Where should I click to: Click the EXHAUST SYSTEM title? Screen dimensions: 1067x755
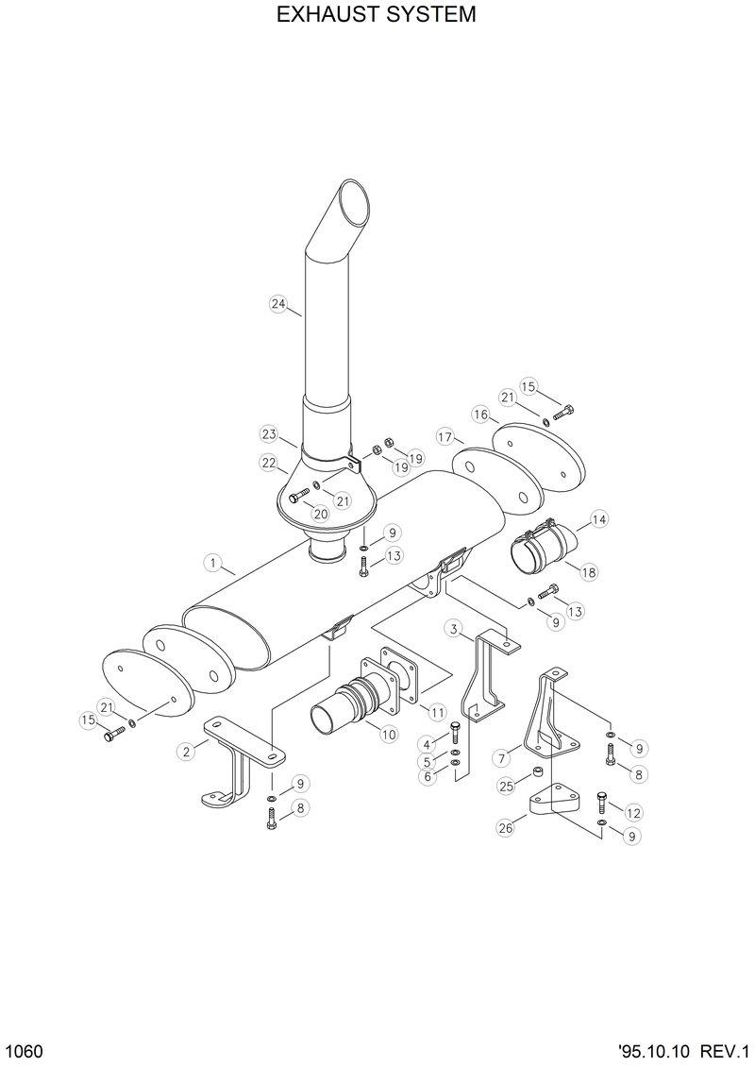click(x=377, y=16)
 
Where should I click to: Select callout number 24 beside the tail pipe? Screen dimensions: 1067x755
click(x=277, y=303)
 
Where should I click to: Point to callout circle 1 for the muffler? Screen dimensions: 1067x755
click(x=212, y=564)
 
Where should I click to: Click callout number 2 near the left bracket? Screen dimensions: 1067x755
click(x=186, y=751)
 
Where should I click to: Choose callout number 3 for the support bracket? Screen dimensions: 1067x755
click(x=454, y=629)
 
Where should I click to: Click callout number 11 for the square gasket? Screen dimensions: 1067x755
click(x=437, y=710)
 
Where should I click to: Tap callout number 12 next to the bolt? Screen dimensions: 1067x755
click(x=633, y=812)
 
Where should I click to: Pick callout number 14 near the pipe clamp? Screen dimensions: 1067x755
click(x=599, y=518)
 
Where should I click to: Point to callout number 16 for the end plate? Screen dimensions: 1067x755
click(x=480, y=415)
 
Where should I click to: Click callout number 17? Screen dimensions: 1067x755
click(x=445, y=436)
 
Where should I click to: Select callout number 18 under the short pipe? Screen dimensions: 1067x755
click(x=589, y=571)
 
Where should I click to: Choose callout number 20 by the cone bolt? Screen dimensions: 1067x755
click(x=321, y=514)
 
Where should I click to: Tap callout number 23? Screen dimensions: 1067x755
click(x=269, y=433)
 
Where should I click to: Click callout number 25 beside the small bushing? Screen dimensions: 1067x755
click(x=506, y=786)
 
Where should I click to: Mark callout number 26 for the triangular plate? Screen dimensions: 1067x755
click(x=505, y=828)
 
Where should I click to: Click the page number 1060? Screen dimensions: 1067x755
click(x=21, y=1051)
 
